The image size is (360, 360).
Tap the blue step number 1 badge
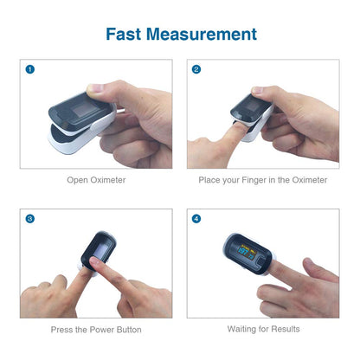pyautogui.click(x=30, y=69)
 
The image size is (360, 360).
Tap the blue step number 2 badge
pyautogui.click(x=196, y=69)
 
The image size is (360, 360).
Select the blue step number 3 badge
pyautogui.click(x=30, y=218)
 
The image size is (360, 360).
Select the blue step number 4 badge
pyautogui.click(x=196, y=218)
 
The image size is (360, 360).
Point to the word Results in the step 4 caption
pyautogui.click(x=286, y=329)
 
